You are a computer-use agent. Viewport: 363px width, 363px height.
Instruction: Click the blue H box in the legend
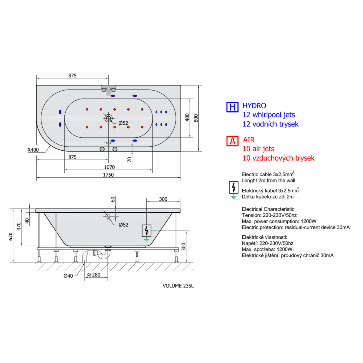click(232, 107)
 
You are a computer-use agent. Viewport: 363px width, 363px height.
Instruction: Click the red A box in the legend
click(232, 141)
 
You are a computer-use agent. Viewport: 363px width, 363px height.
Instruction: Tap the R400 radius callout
click(33, 150)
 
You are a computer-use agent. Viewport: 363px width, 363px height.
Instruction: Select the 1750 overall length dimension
click(108, 175)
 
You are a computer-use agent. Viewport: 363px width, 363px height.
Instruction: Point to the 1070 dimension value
click(109, 167)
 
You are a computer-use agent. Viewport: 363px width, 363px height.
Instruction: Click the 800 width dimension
click(196, 118)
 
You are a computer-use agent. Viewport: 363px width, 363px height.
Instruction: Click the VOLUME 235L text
click(178, 286)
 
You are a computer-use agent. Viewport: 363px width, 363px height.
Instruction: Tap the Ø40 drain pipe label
click(68, 276)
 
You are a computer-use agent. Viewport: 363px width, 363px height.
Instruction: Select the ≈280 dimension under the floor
click(93, 275)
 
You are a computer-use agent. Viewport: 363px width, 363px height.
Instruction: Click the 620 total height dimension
click(11, 237)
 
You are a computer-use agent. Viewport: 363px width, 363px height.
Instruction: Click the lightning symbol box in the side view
click(146, 231)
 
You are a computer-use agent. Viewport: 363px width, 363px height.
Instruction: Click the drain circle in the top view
click(109, 118)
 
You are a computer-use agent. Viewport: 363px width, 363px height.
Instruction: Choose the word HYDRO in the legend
click(254, 106)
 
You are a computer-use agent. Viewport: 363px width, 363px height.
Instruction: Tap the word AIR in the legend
click(249, 140)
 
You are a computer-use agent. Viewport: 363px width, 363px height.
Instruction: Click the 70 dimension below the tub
click(129, 160)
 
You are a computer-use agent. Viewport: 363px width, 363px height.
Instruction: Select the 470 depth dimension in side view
click(19, 227)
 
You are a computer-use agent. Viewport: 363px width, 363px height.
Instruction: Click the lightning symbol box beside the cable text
click(234, 188)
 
